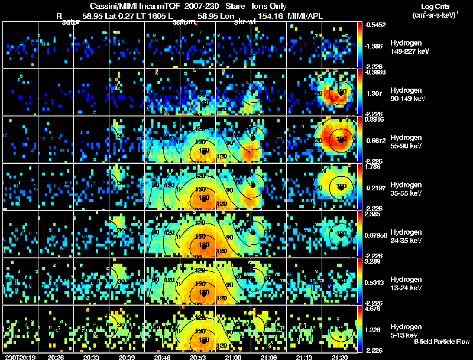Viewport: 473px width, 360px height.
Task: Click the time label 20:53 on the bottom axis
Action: click(197, 357)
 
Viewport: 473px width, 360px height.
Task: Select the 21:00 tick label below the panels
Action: click(233, 357)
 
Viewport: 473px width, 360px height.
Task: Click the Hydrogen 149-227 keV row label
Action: click(408, 48)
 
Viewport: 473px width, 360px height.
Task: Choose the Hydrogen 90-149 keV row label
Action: click(408, 95)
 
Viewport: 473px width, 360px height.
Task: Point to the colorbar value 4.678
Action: click(374, 308)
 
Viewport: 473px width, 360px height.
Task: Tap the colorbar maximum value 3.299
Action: click(374, 261)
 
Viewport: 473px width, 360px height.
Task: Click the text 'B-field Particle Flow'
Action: click(442, 342)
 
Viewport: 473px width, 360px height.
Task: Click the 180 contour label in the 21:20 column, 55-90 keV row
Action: click(340, 139)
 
